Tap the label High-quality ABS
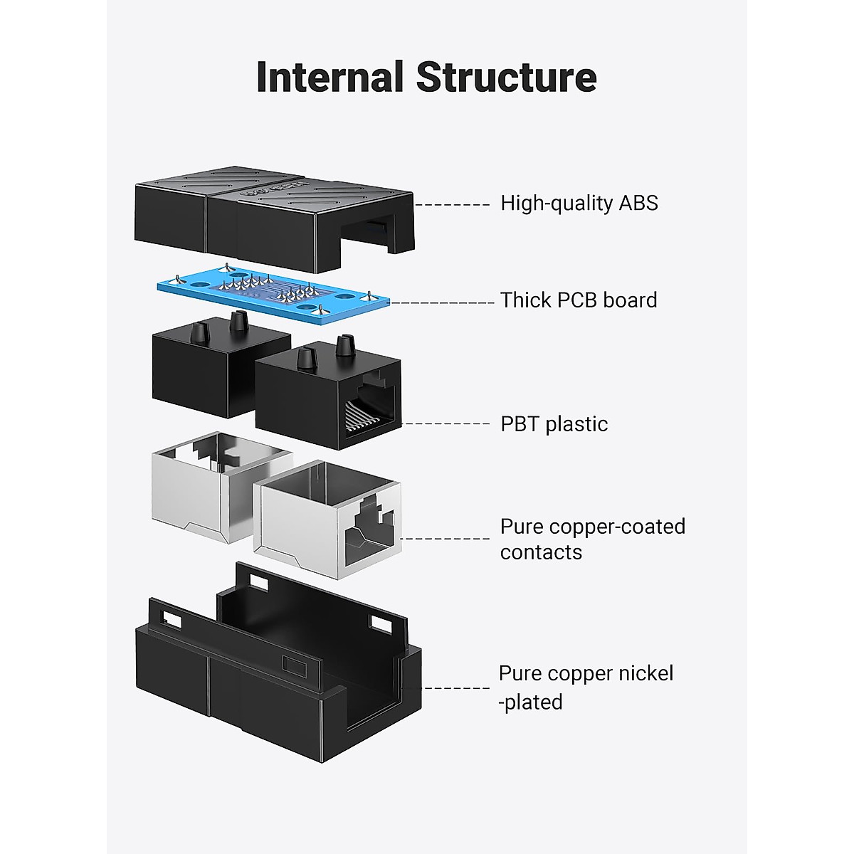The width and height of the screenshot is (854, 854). click(x=579, y=204)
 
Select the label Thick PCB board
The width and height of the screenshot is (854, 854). click(x=578, y=300)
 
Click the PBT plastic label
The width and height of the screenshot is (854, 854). click(x=554, y=424)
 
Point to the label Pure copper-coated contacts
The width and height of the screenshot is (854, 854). click(x=591, y=539)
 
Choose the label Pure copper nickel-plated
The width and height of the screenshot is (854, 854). click(x=585, y=687)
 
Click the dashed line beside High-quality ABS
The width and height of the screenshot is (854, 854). click(x=453, y=205)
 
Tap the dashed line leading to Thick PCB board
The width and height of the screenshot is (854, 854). click(x=441, y=302)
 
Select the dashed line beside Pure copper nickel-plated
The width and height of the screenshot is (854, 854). click(x=455, y=687)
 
